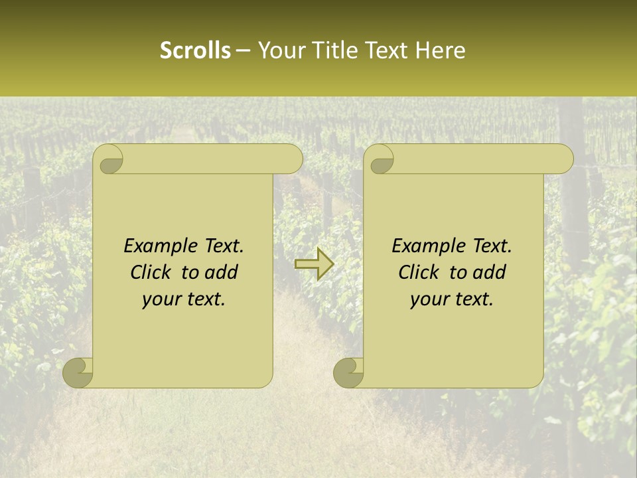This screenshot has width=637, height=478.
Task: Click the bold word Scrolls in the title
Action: point(196,50)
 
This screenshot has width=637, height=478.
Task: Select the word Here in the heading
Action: point(441,50)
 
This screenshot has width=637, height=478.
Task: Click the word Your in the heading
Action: point(280,50)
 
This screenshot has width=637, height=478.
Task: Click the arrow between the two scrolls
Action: point(314,264)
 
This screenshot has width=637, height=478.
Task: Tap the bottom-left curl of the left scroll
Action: point(78,372)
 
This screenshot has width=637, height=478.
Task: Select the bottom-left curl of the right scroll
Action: point(349,372)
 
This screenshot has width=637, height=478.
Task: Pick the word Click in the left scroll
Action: point(152,272)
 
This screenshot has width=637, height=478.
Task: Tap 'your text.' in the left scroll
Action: point(184,299)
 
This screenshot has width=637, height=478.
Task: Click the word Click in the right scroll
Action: point(420,272)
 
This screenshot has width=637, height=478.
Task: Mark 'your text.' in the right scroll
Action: point(452,299)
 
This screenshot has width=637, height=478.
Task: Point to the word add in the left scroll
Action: point(221,272)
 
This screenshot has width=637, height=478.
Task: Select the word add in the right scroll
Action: point(489,272)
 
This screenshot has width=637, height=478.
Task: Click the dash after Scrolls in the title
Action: point(243,51)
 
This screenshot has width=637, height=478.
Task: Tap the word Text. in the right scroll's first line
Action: point(492,246)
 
